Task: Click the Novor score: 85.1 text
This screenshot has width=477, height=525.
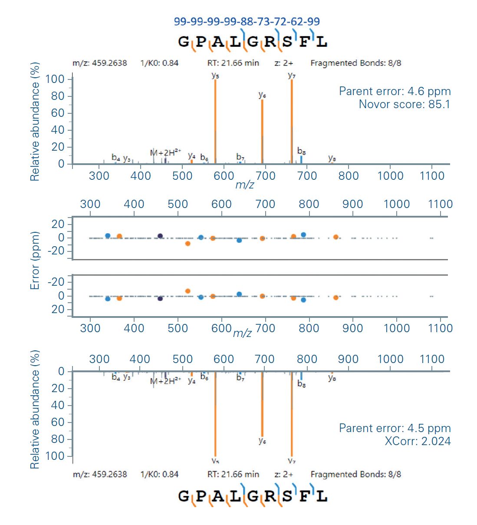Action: pos(405,104)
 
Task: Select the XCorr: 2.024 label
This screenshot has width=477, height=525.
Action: pos(418,441)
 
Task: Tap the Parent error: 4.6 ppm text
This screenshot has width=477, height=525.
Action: pos(395,91)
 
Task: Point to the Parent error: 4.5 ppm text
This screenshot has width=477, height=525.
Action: pos(395,428)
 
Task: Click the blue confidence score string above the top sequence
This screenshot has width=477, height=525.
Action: pos(247,21)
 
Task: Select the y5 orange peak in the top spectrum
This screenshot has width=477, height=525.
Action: pos(215,122)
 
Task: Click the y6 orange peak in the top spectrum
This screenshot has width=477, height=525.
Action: pos(262,130)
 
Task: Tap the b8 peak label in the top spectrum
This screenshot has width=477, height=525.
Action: pos(302,151)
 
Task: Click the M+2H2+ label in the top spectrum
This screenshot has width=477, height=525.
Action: pos(165,152)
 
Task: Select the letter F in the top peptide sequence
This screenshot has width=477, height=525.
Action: pos(305,42)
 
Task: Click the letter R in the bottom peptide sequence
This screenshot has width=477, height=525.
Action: pos(270,496)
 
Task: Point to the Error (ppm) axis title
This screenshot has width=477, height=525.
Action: pos(35,261)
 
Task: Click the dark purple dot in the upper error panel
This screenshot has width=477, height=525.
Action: pos(160,236)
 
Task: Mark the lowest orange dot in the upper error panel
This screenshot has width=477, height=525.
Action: pos(188,244)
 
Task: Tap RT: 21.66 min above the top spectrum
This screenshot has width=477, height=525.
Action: pos(233,63)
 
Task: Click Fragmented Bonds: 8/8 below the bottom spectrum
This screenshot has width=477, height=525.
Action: pos(355,474)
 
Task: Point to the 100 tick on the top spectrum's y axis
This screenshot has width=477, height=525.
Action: pos(55,79)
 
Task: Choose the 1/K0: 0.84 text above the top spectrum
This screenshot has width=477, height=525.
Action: pos(159,63)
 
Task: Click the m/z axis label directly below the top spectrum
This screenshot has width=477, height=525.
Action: pos(244,185)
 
